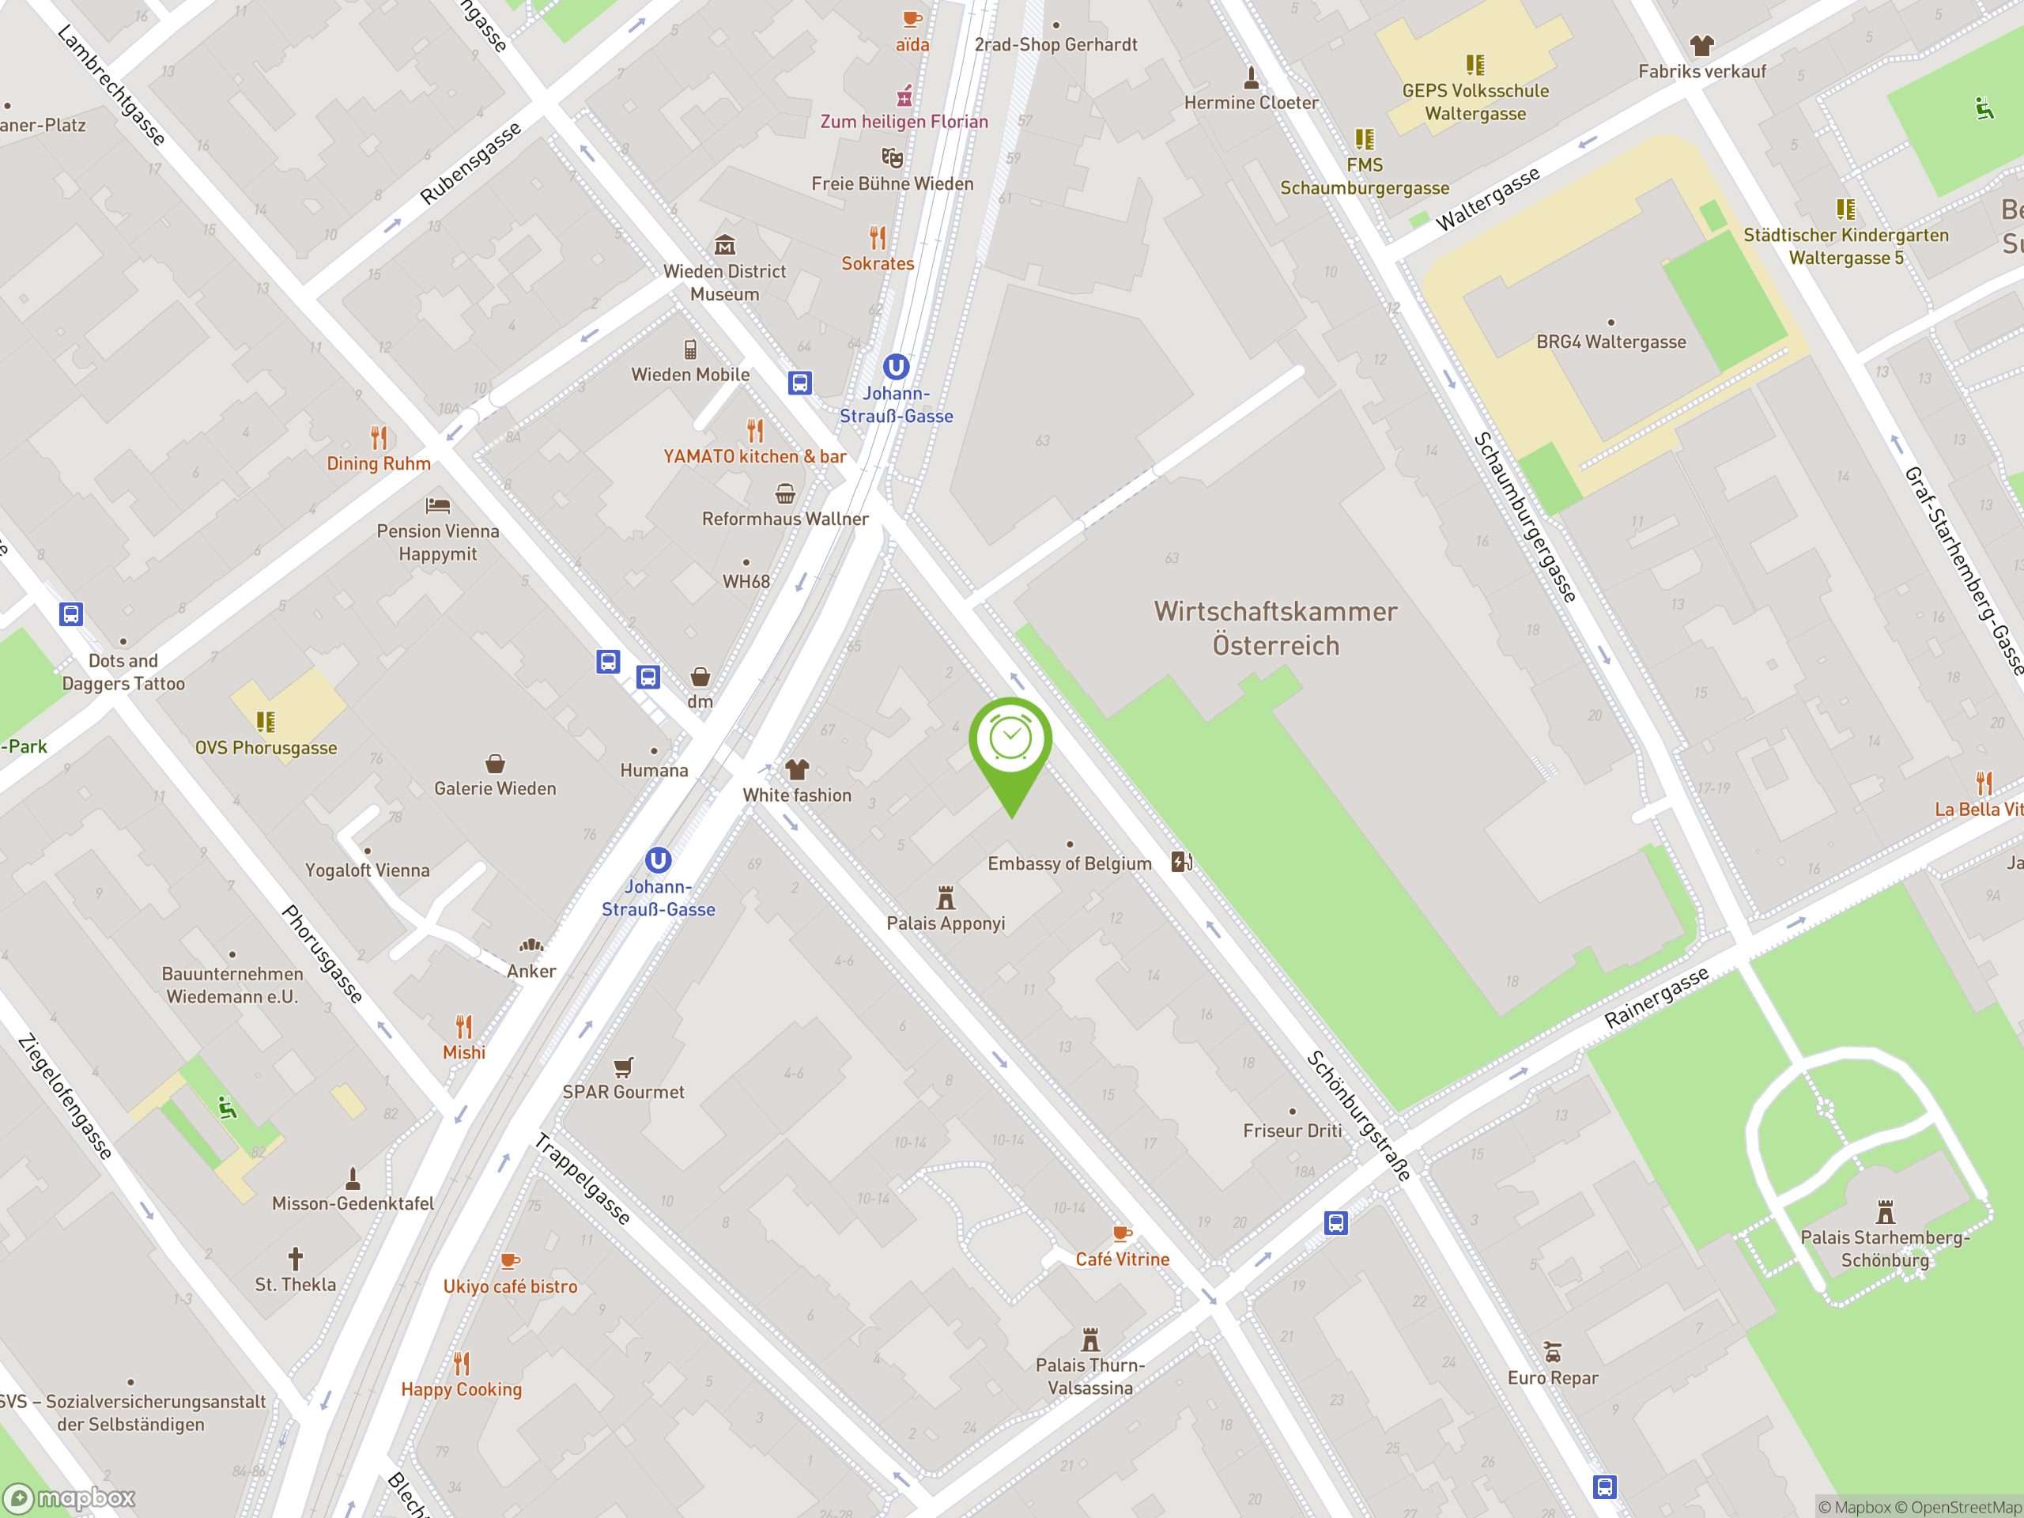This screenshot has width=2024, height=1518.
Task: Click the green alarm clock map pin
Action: pyautogui.click(x=1010, y=741)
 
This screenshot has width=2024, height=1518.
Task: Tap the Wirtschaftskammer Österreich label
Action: pyautogui.click(x=1275, y=628)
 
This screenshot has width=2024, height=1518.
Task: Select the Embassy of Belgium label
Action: pyautogui.click(x=1069, y=863)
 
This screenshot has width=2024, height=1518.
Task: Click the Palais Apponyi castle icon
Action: pyautogui.click(x=946, y=897)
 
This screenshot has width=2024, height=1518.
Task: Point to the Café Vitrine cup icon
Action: pyautogui.click(x=1122, y=1233)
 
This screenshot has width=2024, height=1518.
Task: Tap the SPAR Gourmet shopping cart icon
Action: pyautogui.click(x=623, y=1066)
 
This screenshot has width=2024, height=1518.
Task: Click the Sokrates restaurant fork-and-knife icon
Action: pyautogui.click(x=878, y=238)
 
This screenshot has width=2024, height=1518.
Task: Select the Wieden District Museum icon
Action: pyautogui.click(x=725, y=245)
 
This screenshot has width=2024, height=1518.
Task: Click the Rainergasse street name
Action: pyautogui.click(x=1656, y=997)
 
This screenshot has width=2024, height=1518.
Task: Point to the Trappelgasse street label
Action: pyautogui.click(x=583, y=1179)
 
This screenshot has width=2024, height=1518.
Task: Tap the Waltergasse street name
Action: pyautogui.click(x=1488, y=198)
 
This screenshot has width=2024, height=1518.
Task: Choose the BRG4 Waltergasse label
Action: pyautogui.click(x=1611, y=342)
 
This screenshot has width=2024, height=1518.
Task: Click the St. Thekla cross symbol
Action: pyautogui.click(x=295, y=1258)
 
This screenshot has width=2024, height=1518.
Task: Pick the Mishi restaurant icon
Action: pyautogui.click(x=464, y=1025)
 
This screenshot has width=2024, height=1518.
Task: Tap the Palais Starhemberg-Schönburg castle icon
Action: pyautogui.click(x=1885, y=1212)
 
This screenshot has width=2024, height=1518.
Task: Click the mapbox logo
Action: pyautogui.click(x=70, y=1498)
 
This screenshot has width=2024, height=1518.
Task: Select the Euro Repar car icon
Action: pyautogui.click(x=1552, y=1351)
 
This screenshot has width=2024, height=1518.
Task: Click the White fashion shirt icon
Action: pyautogui.click(x=797, y=768)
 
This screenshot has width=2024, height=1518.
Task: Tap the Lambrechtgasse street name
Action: pyautogui.click(x=111, y=85)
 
